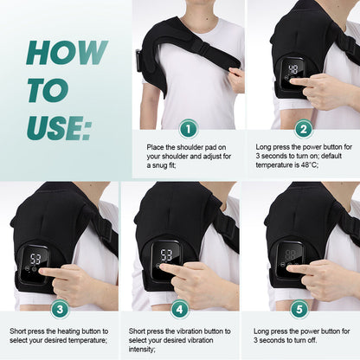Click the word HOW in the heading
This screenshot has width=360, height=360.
(x=57, y=53)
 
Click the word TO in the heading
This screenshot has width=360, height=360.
(x=42, y=90)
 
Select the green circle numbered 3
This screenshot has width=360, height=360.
(x=59, y=309)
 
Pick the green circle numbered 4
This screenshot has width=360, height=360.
(x=179, y=309)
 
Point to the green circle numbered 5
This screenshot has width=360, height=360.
(x=300, y=309)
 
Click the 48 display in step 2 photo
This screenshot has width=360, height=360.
(x=294, y=68)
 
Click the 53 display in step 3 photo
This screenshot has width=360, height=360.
(x=38, y=258)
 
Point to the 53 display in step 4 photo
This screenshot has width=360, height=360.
(x=164, y=255)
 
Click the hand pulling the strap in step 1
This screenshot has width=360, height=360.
(x=235, y=79)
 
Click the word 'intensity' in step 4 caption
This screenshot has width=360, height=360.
(x=144, y=350)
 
